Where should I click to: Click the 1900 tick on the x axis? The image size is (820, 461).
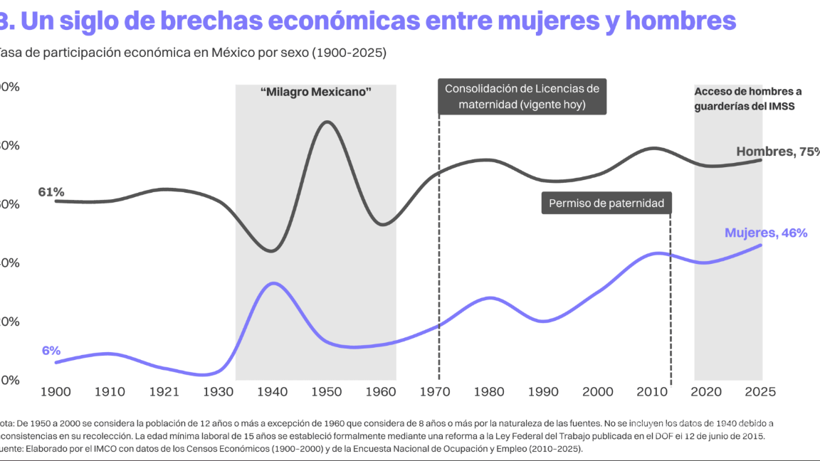(55, 391)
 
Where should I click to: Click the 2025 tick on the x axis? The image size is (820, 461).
(759, 391)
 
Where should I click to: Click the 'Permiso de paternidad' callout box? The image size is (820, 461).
(606, 203)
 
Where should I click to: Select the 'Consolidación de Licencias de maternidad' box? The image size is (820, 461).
(522, 97)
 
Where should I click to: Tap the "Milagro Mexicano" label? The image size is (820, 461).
(316, 92)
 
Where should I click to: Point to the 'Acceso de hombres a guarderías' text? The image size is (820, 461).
(747, 99)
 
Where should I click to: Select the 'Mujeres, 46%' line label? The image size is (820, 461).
(766, 233)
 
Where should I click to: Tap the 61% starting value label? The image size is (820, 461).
(51, 192)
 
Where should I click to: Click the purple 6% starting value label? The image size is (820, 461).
(51, 351)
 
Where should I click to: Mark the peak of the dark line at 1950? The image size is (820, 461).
(327, 122)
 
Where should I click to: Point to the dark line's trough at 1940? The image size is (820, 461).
(270, 251)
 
